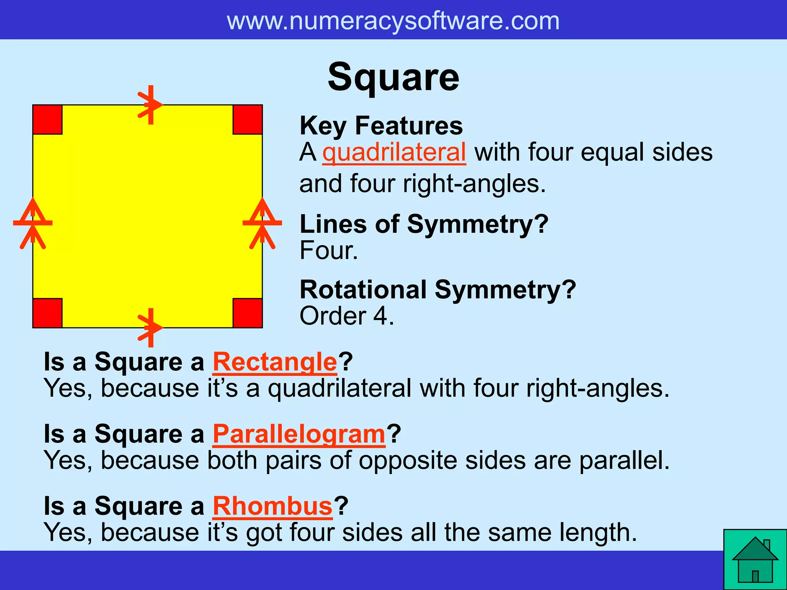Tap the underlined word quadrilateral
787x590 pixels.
point(394,152)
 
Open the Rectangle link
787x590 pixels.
point(275,362)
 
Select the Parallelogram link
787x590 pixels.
point(299,434)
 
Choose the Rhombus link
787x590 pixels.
point(272,506)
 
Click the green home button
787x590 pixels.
point(755,559)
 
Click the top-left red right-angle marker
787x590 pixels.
point(48,119)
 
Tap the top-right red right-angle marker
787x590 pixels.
point(247,119)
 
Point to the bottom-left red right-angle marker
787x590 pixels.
point(48,313)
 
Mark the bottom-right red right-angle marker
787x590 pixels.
point(247,313)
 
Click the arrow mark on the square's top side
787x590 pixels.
point(150,104)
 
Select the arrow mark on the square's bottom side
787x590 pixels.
point(150,328)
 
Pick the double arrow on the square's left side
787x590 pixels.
point(33,223)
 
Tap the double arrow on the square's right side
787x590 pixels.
point(262,223)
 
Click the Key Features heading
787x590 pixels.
point(381,126)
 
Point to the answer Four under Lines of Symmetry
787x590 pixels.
point(328,251)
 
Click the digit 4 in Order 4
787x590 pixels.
point(380,316)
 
